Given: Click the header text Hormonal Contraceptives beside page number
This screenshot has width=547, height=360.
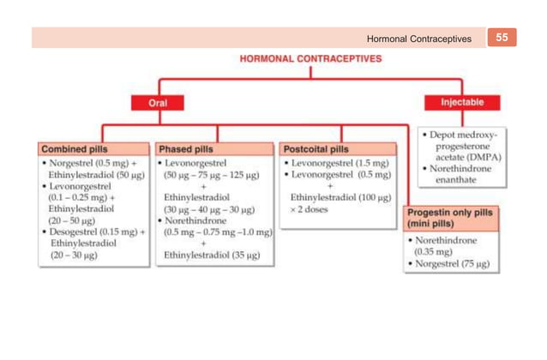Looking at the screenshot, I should point(418,39).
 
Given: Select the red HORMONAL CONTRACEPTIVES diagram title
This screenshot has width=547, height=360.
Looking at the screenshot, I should point(310,60).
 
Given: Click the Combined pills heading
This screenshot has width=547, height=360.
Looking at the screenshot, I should point(73,148).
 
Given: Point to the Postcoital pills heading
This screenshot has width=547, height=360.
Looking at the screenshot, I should point(316,148).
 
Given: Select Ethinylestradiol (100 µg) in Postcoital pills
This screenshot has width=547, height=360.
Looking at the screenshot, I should point(340,197).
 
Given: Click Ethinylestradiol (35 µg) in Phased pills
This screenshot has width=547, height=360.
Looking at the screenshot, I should point(213,255).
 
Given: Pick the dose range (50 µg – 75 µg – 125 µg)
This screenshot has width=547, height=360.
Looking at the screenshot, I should point(212,174).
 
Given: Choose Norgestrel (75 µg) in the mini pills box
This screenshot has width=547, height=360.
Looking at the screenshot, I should point(454,264).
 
